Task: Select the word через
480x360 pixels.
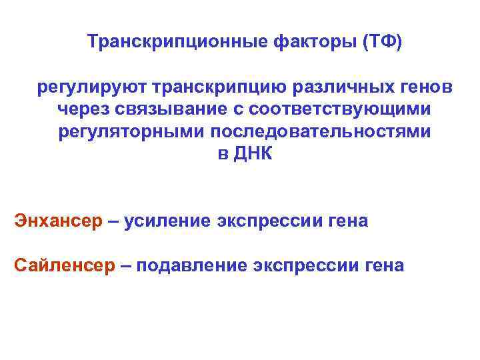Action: pos(83,109)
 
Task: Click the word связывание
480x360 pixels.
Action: pos(171,109)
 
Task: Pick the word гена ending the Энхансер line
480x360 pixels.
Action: pos(349,221)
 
